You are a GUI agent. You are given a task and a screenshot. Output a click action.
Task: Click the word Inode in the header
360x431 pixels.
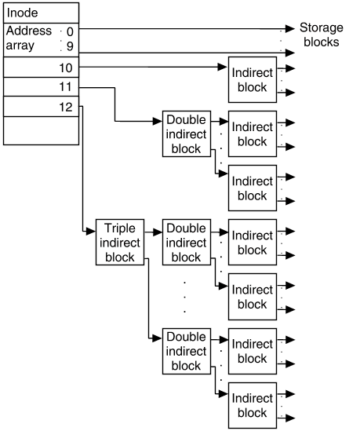(x=22, y=13)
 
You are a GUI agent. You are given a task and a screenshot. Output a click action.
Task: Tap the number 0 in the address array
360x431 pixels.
(x=69, y=31)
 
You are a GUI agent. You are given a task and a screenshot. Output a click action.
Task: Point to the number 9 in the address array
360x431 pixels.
(x=69, y=46)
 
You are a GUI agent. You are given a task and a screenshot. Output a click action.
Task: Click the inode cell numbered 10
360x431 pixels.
(x=42, y=68)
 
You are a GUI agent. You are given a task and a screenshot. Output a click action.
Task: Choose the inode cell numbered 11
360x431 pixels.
(x=42, y=86)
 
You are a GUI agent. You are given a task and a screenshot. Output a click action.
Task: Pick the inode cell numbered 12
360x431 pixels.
(x=42, y=105)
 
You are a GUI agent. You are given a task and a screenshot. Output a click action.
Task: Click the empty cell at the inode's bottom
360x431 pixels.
(x=42, y=130)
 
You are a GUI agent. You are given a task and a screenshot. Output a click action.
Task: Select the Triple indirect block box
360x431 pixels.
(x=120, y=243)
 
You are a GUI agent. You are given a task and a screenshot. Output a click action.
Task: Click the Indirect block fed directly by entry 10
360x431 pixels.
(x=253, y=79)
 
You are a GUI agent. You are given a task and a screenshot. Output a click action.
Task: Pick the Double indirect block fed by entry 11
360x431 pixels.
(x=187, y=134)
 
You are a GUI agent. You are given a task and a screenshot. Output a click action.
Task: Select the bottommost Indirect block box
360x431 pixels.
(x=253, y=405)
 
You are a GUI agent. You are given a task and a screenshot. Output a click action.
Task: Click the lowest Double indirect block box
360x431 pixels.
(x=187, y=351)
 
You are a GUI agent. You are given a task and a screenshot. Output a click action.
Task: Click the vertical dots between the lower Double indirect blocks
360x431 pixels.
(x=185, y=296)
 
